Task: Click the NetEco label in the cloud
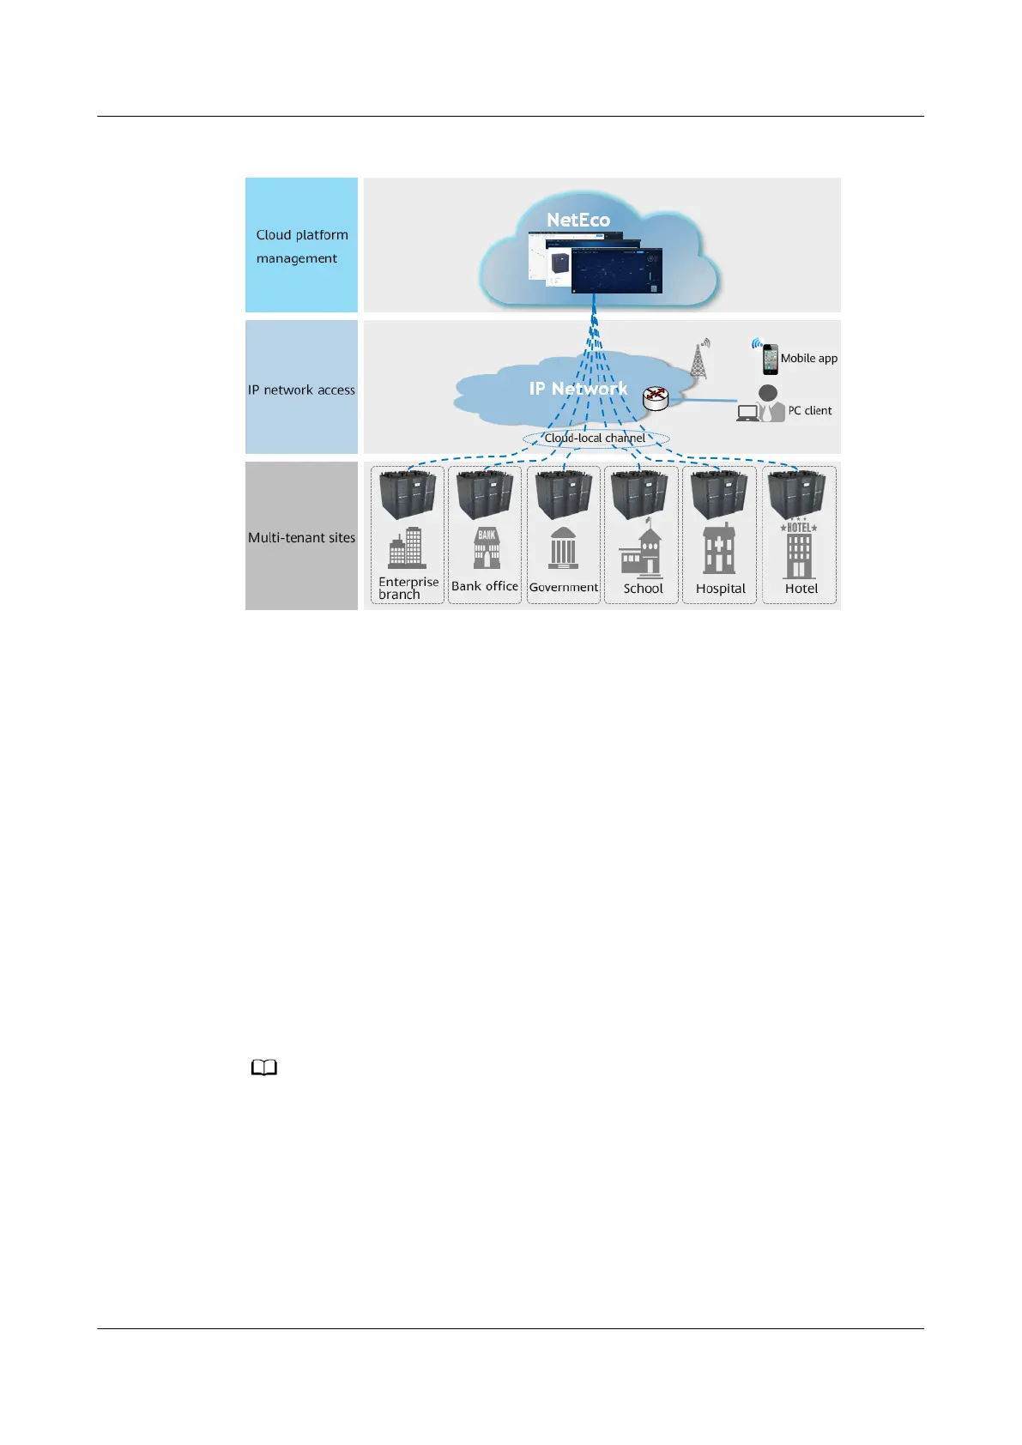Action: point(578,220)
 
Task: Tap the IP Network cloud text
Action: point(578,389)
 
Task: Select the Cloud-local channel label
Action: point(595,438)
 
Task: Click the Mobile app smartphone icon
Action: point(770,359)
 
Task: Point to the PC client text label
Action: point(810,410)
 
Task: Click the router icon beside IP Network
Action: point(656,397)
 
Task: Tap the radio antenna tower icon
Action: point(700,360)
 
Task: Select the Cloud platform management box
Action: point(301,245)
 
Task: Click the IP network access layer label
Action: point(301,390)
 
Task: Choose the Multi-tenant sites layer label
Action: point(301,537)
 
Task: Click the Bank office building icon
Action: point(487,547)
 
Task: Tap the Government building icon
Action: point(563,547)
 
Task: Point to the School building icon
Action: point(642,552)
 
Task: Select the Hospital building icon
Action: point(718,549)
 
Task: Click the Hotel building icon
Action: point(799,550)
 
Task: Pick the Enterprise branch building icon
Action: point(407,547)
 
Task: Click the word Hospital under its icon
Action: point(720,589)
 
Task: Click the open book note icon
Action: point(264,1068)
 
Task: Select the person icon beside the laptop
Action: point(769,402)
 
